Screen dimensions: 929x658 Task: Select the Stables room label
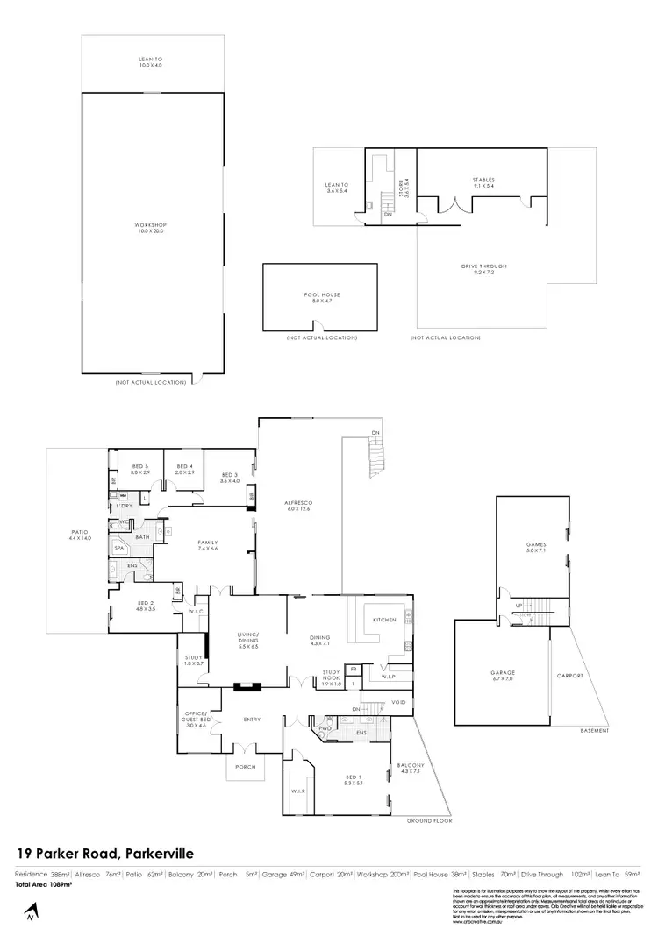tap(484, 182)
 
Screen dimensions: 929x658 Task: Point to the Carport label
tap(569, 676)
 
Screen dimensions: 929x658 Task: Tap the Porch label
tap(245, 766)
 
